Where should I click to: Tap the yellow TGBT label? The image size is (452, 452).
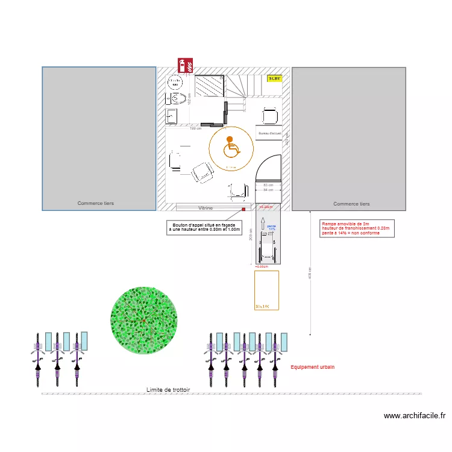coord(274,78)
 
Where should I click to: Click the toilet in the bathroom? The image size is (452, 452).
coord(177,98)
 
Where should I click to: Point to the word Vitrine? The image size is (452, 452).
coord(205,207)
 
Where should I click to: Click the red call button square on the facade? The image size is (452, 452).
coord(243,209)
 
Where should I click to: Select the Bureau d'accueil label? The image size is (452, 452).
coord(269,133)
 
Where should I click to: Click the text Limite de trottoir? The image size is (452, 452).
coord(168,390)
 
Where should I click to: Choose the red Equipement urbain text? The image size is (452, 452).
coord(312,367)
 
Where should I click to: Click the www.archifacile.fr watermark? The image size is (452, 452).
coord(414,415)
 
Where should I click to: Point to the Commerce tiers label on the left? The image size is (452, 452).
coord(95,204)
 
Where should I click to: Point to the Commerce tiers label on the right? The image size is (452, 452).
coord(351,204)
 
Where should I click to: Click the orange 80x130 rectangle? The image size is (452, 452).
coord(266,290)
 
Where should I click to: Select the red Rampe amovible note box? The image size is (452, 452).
coord(357,228)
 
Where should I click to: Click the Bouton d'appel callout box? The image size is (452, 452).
coord(204,227)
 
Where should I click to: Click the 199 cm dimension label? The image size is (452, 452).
coord(195,128)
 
